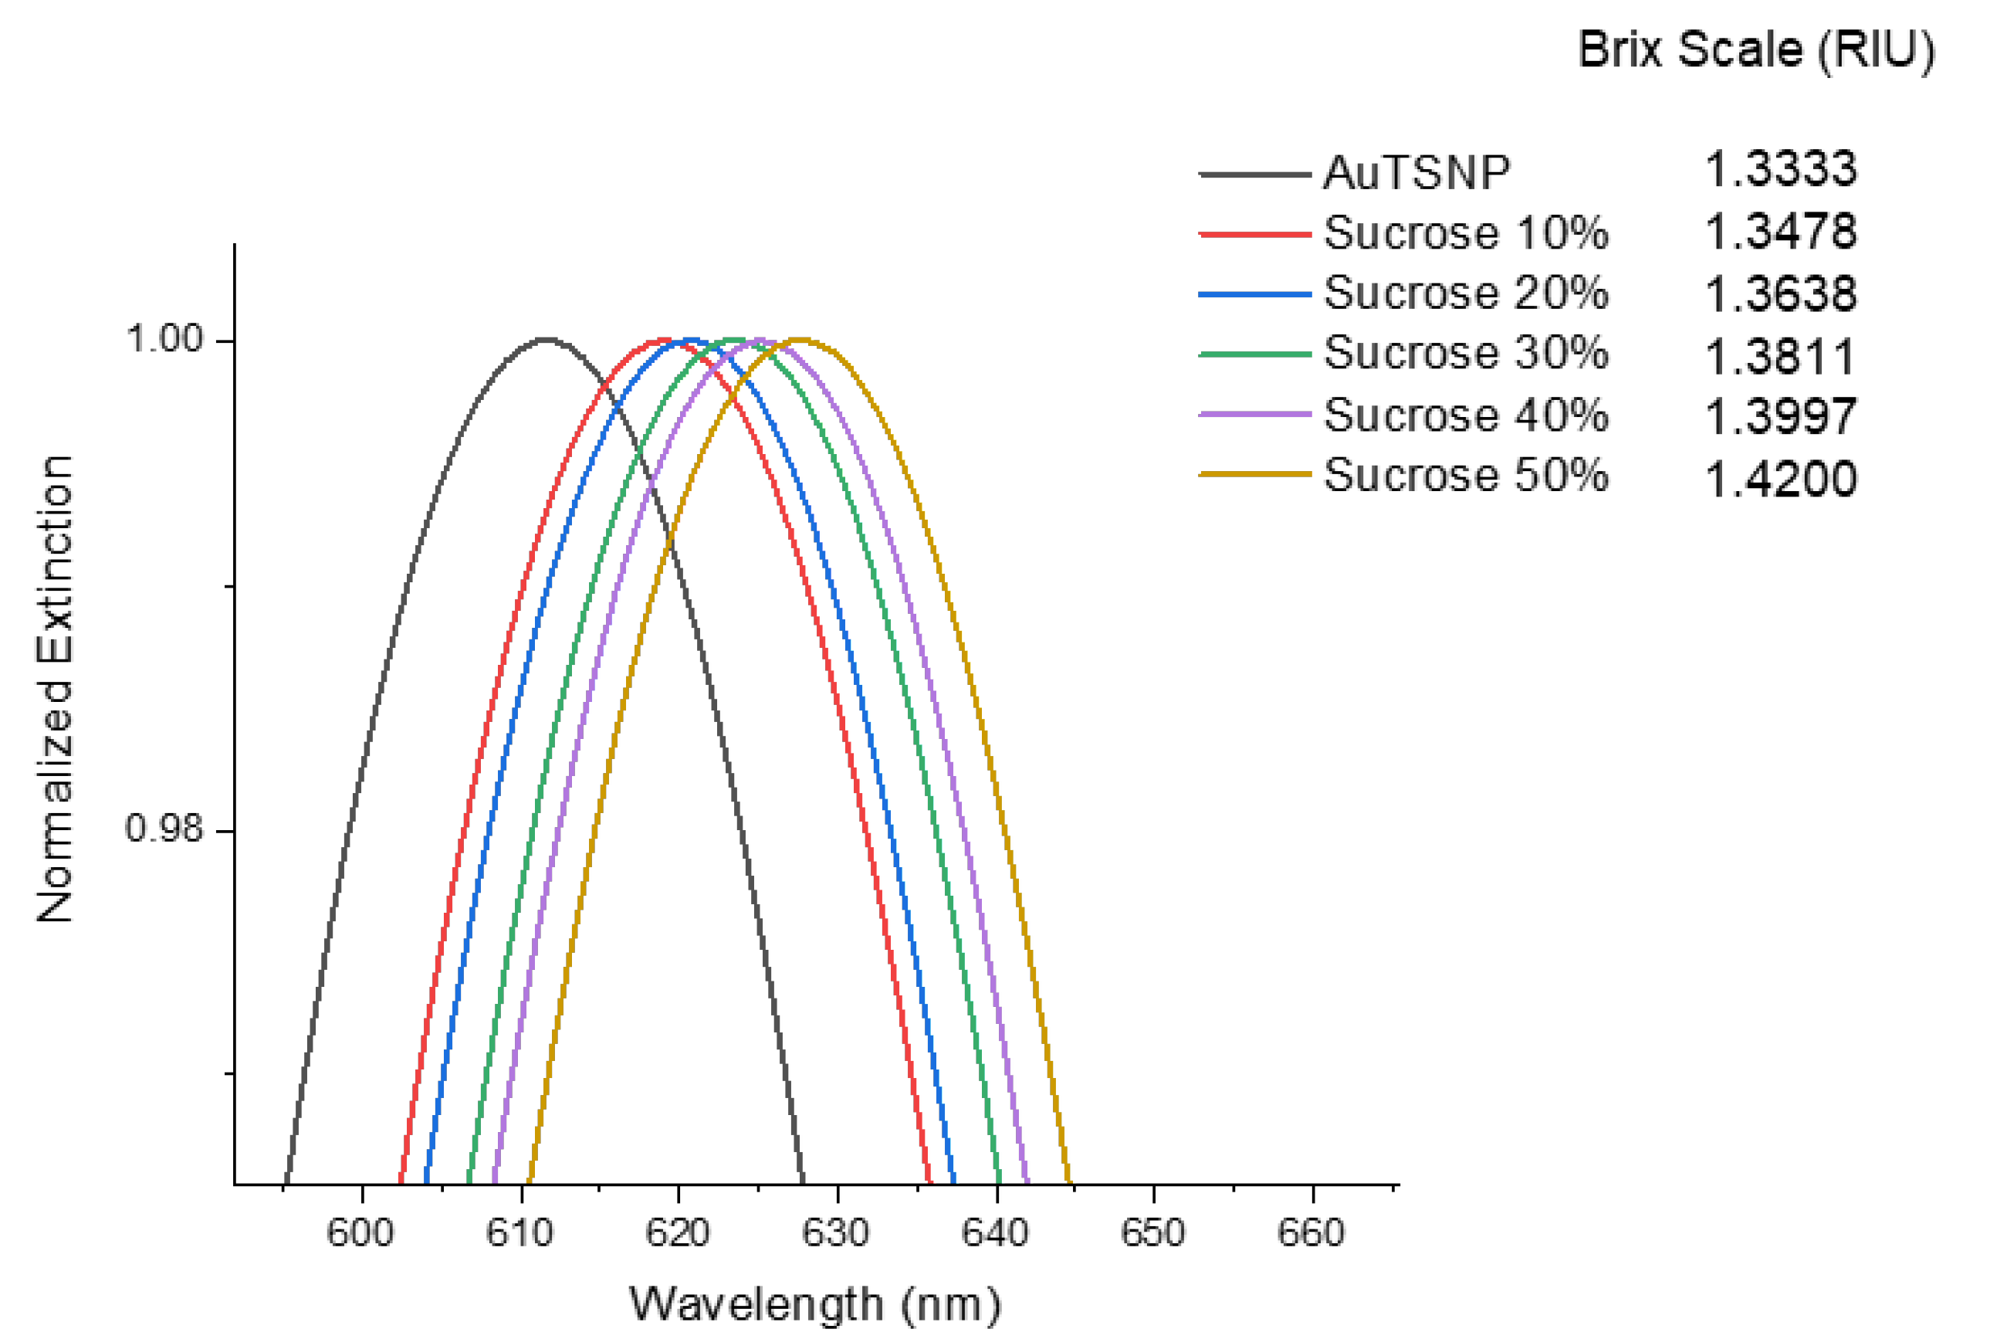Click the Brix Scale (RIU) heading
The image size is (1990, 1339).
(1755, 49)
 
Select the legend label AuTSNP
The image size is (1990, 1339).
(1416, 173)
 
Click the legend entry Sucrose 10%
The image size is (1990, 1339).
(1465, 233)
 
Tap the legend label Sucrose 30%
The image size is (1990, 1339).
(1465, 354)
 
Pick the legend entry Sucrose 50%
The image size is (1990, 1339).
(1465, 475)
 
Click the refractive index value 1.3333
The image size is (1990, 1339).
(1780, 169)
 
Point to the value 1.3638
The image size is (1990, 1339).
(1780, 293)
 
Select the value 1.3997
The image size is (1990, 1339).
(1780, 416)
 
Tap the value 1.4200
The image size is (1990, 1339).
(1780, 478)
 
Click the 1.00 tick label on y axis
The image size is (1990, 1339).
(164, 339)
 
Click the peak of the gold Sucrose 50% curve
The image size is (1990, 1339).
(798, 340)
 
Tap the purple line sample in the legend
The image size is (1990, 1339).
(1254, 414)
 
